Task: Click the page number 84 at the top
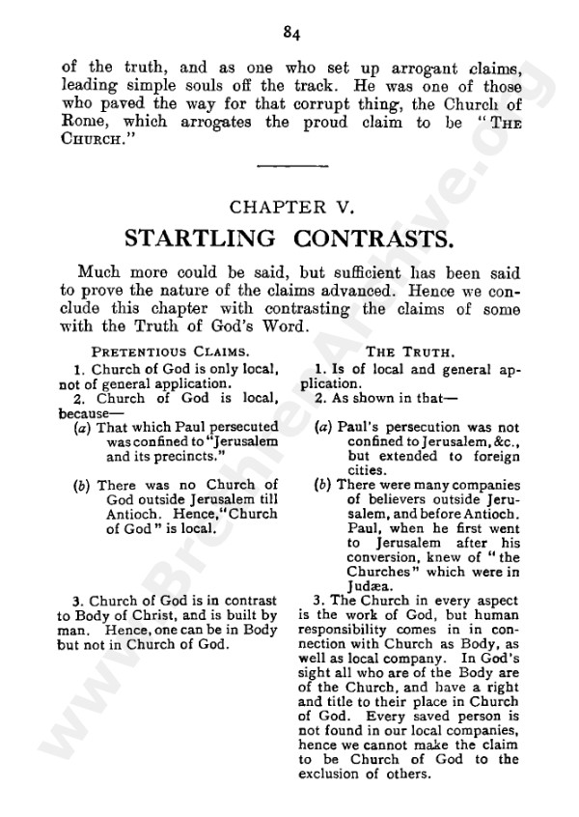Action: (293, 35)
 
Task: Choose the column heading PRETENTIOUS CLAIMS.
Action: (170, 352)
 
